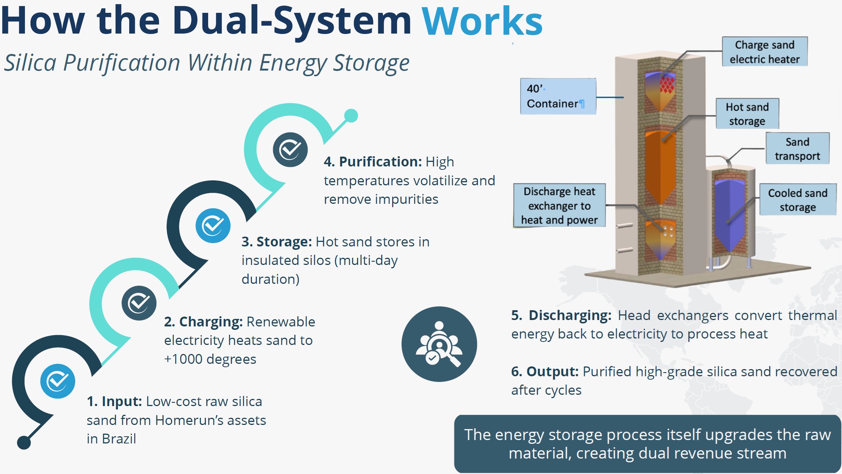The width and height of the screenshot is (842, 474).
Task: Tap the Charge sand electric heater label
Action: pos(765,52)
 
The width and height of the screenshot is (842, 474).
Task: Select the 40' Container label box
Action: pos(558,96)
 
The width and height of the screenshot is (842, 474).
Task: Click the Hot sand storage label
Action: pos(747,114)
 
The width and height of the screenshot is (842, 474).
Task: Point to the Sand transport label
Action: pos(797,149)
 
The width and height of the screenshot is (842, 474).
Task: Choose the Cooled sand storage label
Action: pos(797,200)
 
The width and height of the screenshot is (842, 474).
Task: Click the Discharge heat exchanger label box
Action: pos(559,206)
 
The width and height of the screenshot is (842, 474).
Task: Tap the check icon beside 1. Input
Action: pos(58,381)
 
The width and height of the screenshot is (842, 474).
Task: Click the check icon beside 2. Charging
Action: pos(139,303)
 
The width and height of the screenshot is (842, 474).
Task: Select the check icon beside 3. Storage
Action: pos(213,226)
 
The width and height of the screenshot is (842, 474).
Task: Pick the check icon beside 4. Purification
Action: pos(290,149)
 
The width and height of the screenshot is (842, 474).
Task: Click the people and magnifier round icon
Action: pos(439,344)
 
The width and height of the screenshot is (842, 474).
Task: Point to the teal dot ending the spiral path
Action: pos(351,116)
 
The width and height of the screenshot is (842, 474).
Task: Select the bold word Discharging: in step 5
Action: pos(570,315)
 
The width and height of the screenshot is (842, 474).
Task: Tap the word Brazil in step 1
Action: pos(119,439)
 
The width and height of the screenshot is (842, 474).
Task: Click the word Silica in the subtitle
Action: pos(30,63)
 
